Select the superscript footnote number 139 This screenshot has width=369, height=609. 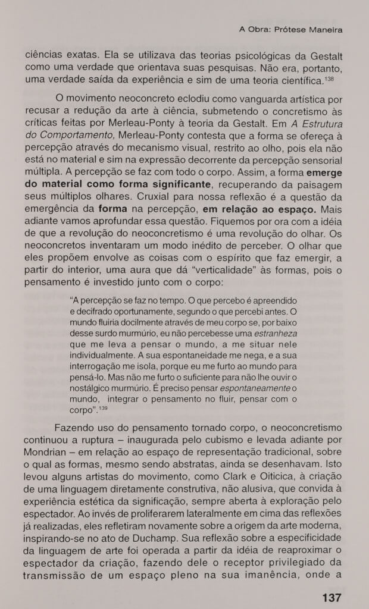click(102, 408)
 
